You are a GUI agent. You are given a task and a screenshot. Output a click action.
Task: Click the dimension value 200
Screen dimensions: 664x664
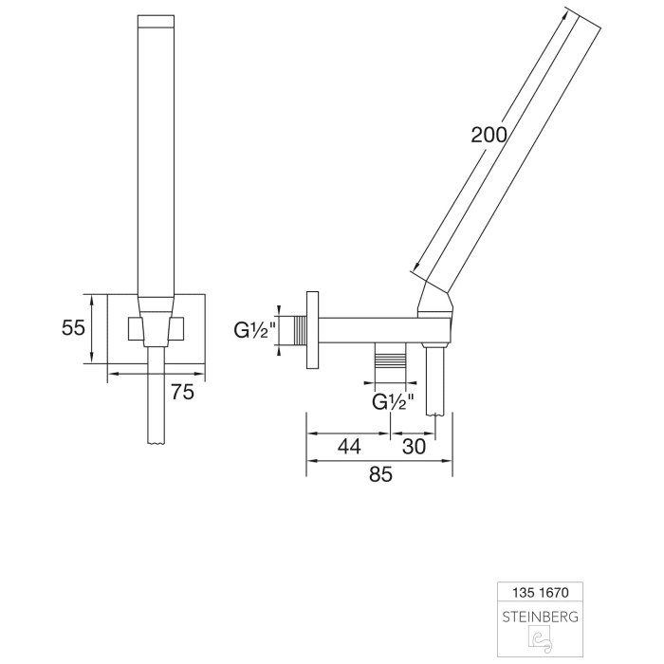coord(488,134)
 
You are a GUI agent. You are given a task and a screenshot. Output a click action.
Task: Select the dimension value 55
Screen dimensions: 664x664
coord(73,328)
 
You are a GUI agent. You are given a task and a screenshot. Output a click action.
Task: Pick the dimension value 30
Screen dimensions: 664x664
coord(414,447)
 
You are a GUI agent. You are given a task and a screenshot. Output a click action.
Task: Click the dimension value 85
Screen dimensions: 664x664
coord(379,475)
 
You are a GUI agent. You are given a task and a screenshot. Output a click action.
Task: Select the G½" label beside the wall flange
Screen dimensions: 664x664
coord(254,332)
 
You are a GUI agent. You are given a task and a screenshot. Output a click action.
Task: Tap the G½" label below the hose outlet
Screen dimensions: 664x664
coord(394,401)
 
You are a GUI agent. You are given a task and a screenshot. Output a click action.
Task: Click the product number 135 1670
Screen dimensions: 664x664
coord(538,592)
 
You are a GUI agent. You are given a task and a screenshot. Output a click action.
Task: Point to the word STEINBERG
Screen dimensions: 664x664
coord(538,616)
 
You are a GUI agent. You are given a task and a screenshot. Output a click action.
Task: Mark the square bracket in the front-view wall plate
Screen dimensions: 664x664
coord(157,328)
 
